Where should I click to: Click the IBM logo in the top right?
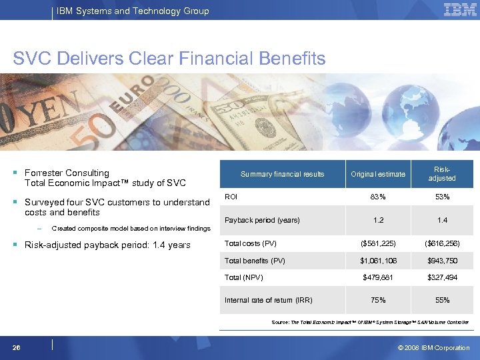(x=459, y=10)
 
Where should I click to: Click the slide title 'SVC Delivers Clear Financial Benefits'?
(x=169, y=59)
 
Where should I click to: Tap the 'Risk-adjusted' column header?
(x=442, y=174)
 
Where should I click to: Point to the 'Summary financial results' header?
(x=282, y=174)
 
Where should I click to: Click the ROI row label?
(x=231, y=197)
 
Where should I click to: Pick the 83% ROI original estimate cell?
(x=379, y=197)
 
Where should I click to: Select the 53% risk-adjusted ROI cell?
(x=442, y=197)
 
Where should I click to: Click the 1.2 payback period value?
(x=379, y=220)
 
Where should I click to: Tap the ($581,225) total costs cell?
(x=379, y=244)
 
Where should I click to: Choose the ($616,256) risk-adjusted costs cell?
(x=442, y=244)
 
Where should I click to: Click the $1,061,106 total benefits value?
(x=379, y=261)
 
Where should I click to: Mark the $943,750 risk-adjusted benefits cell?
(x=442, y=261)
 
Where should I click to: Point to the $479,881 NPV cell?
(x=379, y=277)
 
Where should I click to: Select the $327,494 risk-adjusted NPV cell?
(x=442, y=277)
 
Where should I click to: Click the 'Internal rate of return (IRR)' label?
(x=269, y=300)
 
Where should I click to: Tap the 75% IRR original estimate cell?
(x=379, y=300)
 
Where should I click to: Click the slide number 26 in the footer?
(x=16, y=347)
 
